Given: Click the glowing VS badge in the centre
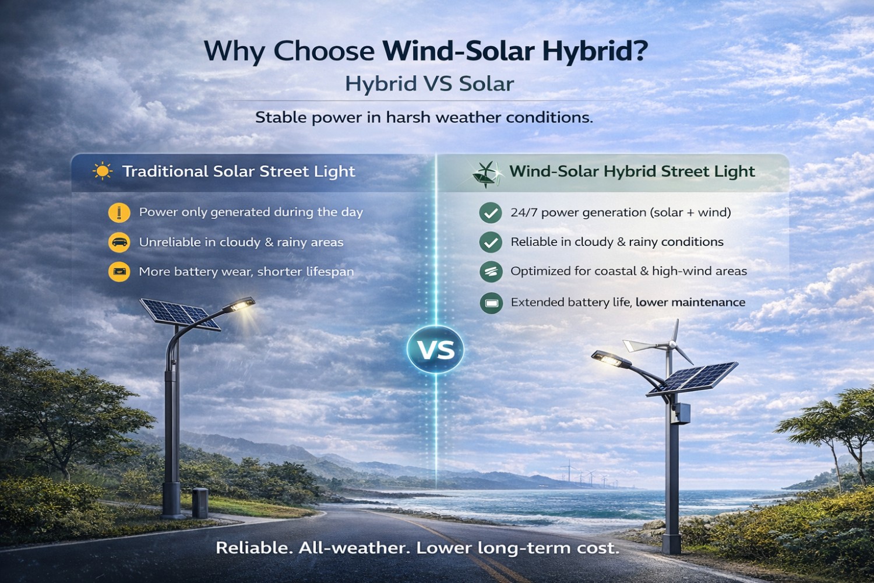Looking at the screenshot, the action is pos(435,349).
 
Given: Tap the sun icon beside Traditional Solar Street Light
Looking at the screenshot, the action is pos(103,171).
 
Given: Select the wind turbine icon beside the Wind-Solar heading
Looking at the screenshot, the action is pos(486,174).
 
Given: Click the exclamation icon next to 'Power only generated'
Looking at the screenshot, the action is pos(119,212).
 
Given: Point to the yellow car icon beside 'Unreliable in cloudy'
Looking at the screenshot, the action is pos(119,242).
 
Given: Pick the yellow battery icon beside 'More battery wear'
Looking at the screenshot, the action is pos(119,272).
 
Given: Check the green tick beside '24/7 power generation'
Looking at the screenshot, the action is pos(491,212).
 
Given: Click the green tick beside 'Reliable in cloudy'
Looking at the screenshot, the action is pos(491,242).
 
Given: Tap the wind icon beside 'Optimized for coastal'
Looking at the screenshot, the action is pos(491,272).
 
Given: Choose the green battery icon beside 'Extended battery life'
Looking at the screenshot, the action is pos(491,303).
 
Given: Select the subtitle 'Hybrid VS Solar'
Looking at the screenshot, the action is pos(429,84).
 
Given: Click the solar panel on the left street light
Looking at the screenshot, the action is pos(180,314).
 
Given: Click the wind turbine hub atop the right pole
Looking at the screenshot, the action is pos(672,345).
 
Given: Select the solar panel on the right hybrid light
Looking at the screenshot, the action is pos(693,379).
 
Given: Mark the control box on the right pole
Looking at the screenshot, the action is pos(681,413).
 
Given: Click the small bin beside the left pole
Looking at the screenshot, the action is pos(200,503).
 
